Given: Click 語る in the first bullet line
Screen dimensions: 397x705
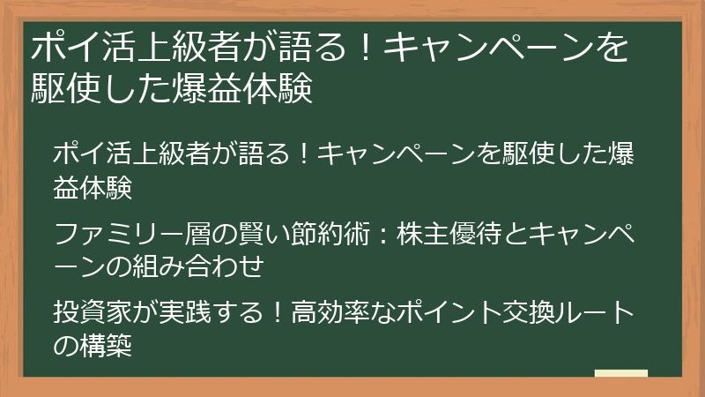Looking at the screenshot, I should click(x=257, y=154).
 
